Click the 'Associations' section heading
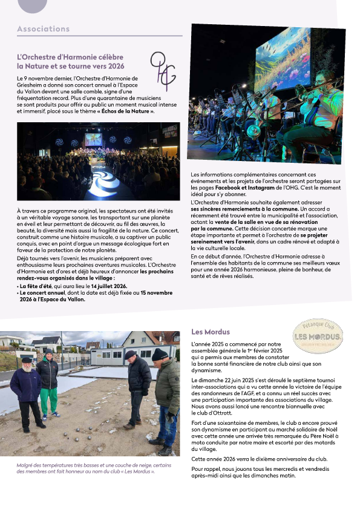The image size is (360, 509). click(44, 29)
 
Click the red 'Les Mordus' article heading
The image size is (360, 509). click(210, 332)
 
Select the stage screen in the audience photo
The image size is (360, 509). click(93, 139)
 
